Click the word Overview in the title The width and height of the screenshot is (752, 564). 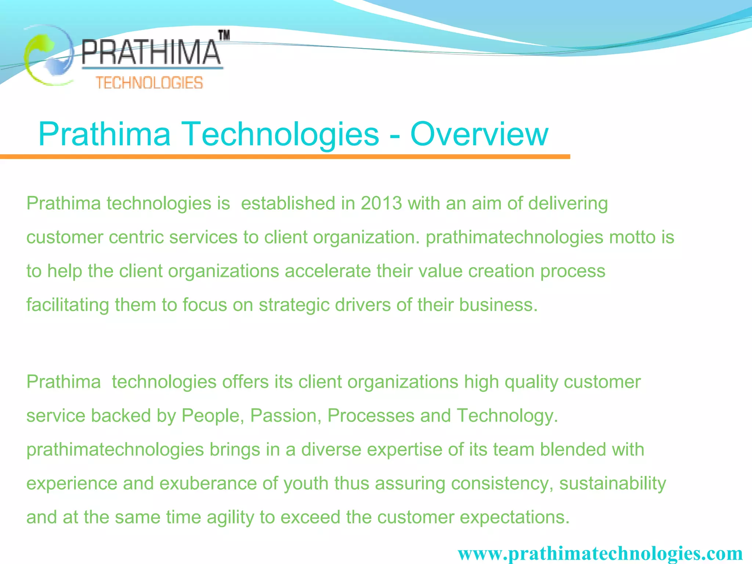[x=479, y=134]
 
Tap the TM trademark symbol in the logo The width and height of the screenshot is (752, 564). [x=224, y=35]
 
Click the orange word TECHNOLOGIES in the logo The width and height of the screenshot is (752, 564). [x=149, y=83]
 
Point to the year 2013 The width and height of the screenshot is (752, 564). [x=382, y=203]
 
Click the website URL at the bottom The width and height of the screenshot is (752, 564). [x=600, y=553]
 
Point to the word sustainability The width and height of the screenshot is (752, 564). [x=612, y=483]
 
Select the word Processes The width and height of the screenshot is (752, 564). [x=371, y=416]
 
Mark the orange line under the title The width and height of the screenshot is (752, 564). [x=285, y=157]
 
